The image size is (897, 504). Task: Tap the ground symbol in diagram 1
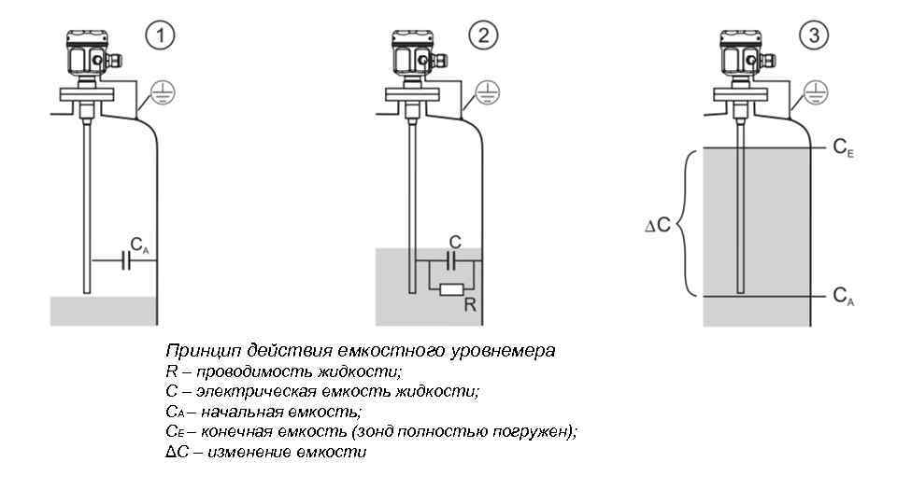click(x=164, y=91)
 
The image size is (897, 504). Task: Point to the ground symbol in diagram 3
click(x=816, y=91)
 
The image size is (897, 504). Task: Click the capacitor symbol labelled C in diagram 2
click(x=453, y=259)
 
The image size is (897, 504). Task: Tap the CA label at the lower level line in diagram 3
click(x=843, y=297)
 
